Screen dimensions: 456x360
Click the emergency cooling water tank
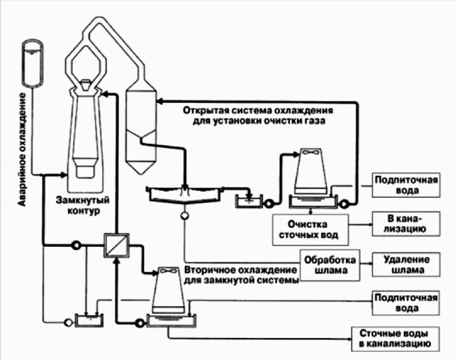[x=33, y=63]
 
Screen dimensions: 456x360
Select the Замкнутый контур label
[x=83, y=205]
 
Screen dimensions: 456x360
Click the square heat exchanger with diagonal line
[x=116, y=246]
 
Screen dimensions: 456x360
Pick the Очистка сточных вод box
[x=310, y=230]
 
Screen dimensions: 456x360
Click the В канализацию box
[x=406, y=224]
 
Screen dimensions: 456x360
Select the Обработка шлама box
[x=330, y=265]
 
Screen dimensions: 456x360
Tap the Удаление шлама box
[x=406, y=265]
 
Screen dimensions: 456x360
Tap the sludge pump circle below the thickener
[x=185, y=216]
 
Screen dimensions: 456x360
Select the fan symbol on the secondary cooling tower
[x=168, y=271]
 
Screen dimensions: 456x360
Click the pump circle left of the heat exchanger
[x=76, y=245]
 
